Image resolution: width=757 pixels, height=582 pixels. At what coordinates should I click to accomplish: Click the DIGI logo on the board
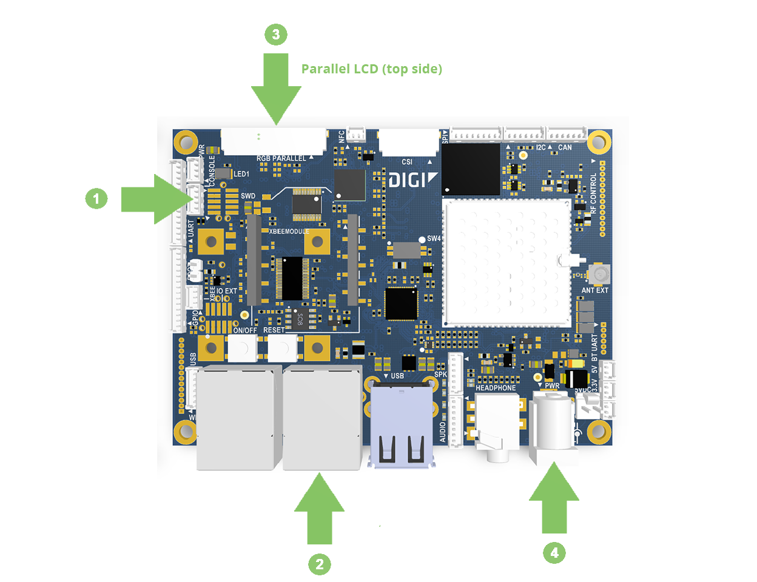pos(412,180)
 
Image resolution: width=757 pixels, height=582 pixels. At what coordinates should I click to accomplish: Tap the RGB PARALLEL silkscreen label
pos(281,158)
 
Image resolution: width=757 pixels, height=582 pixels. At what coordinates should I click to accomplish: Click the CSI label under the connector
pos(407,162)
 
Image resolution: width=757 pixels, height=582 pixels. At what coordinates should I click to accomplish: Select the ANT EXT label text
pos(594,290)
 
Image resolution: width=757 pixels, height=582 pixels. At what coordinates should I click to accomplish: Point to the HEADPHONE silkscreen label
pos(496,388)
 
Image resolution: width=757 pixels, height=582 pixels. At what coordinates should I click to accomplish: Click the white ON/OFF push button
pos(241,348)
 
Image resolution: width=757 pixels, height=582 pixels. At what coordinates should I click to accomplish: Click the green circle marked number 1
pos(96,198)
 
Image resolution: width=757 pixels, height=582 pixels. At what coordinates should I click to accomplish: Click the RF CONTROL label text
pos(594,193)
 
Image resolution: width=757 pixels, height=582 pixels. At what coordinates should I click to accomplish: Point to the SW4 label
pos(434,238)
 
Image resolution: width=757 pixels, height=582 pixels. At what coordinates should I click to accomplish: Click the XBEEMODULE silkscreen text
pos(289,232)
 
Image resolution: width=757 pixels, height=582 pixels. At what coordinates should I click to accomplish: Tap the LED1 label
pos(241,174)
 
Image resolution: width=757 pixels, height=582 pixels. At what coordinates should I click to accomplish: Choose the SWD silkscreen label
pos(248,196)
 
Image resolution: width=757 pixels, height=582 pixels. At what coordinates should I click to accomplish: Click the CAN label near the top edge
pos(565,147)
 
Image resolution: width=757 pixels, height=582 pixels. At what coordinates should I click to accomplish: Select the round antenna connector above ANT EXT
pos(600,275)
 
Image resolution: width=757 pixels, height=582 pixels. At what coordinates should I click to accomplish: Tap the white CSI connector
pos(408,142)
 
